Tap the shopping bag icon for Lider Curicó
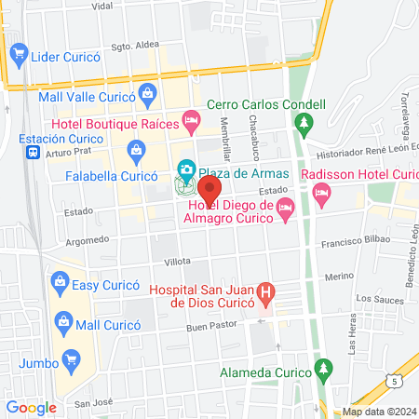(18, 56)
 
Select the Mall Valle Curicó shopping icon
(148, 93)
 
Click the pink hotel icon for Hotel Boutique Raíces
(192, 119)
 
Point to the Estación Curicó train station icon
(33, 152)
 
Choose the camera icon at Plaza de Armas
(186, 169)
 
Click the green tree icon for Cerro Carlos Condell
(302, 122)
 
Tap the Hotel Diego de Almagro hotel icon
(286, 216)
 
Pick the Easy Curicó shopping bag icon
(61, 280)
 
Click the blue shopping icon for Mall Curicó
(63, 322)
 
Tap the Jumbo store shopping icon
(71, 360)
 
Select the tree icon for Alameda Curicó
(324, 367)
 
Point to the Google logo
(31, 407)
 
